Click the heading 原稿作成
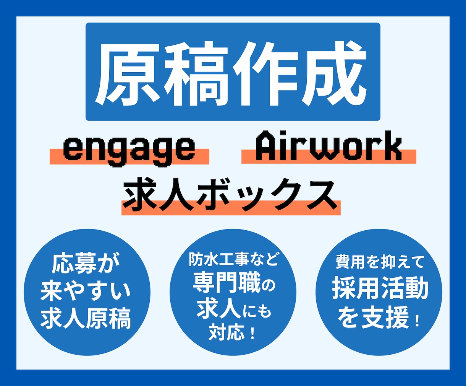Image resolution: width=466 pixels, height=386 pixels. [233, 73]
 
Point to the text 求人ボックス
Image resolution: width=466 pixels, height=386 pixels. [231, 195]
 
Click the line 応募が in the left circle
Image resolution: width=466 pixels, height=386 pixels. [86, 263]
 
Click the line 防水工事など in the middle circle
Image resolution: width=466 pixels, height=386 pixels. [233, 260]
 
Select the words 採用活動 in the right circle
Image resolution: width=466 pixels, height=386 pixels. [380, 289]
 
